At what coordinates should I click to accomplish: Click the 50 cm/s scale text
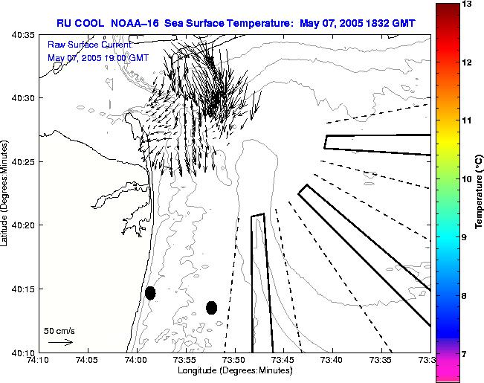[x=59, y=330]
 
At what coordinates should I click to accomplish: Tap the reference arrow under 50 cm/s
[x=59, y=342]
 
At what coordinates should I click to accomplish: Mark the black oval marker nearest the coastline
[x=150, y=293]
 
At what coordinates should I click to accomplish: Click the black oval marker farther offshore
[x=211, y=307]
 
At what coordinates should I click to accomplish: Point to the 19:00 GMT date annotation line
[x=97, y=57]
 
